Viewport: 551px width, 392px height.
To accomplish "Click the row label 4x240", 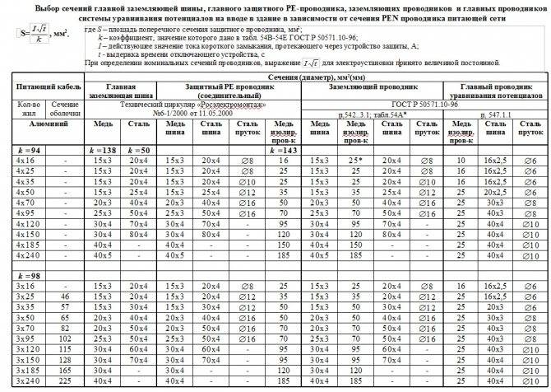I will [x=26, y=255].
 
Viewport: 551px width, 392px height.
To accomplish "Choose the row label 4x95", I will [x=26, y=212].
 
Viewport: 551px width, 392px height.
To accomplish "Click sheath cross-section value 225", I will [x=64, y=381].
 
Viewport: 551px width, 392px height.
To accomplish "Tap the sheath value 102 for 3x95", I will [x=64, y=338].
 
